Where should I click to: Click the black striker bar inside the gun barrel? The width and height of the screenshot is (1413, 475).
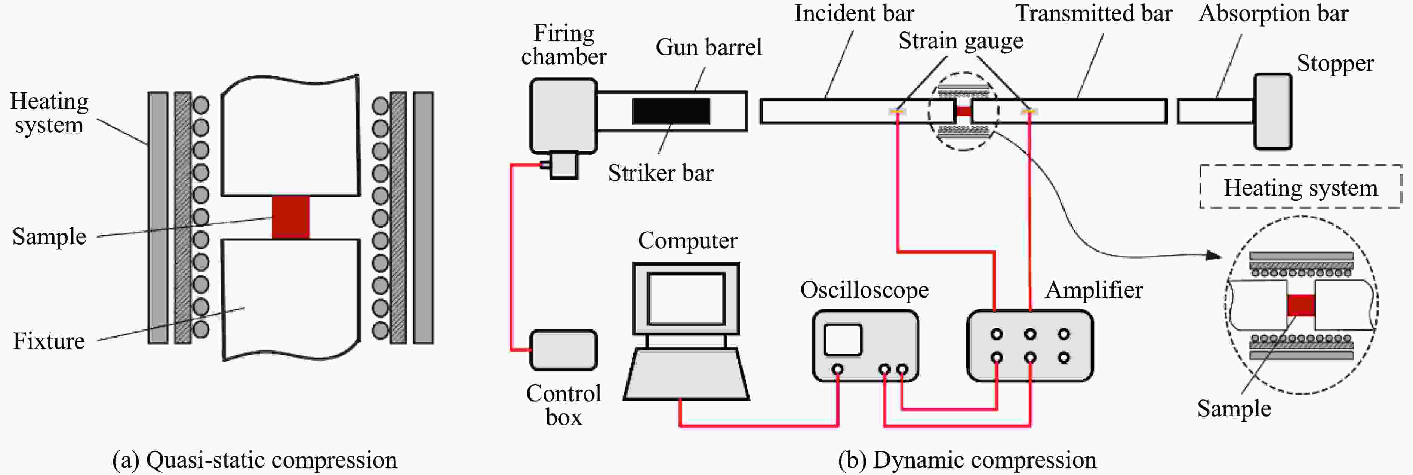[x=671, y=111]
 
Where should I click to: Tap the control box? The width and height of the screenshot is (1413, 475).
[x=563, y=350]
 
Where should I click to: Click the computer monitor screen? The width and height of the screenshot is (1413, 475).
[x=686, y=299]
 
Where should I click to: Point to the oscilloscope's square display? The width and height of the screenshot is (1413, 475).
[x=843, y=340]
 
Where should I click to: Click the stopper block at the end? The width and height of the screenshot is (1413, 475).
[x=1273, y=111]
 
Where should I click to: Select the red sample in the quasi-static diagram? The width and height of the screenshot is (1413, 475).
[x=291, y=217]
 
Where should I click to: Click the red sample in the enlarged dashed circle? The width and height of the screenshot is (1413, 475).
[x=1301, y=305]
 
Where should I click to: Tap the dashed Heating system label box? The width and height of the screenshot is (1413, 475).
[x=1300, y=187]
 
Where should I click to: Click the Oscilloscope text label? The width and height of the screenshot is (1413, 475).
[x=865, y=290]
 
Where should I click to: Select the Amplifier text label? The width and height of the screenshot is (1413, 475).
[x=1094, y=290]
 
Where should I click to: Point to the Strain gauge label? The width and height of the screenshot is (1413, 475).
[x=960, y=41]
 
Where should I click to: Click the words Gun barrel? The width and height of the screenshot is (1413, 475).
[x=709, y=47]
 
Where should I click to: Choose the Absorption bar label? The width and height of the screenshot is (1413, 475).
[x=1274, y=13]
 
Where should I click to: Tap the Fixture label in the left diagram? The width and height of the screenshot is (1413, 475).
[x=49, y=341]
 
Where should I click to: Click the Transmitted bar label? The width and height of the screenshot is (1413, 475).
[x=1094, y=13]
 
